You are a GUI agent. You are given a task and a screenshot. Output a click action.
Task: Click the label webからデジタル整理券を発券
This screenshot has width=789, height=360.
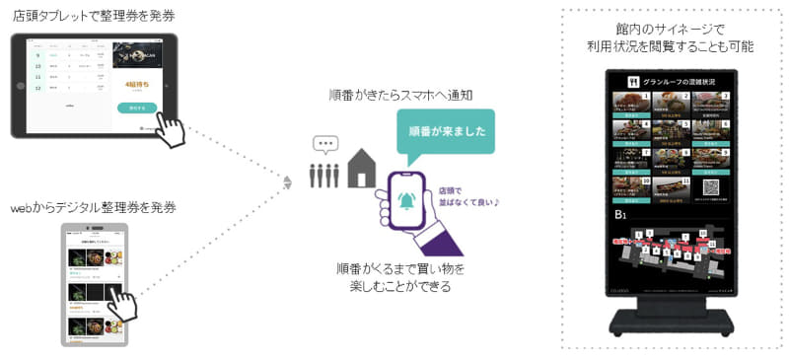point(93,208)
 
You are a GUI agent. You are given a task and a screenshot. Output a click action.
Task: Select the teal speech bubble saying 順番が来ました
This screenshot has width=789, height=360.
point(446,130)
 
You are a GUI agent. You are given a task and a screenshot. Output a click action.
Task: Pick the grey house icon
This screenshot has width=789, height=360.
point(360,169)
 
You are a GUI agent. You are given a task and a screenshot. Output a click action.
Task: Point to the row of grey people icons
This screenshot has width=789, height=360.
point(324,176)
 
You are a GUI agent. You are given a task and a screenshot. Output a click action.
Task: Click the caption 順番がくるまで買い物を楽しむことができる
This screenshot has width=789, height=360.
point(400,277)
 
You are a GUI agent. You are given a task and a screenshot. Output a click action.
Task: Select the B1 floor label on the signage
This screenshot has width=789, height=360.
point(621,214)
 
